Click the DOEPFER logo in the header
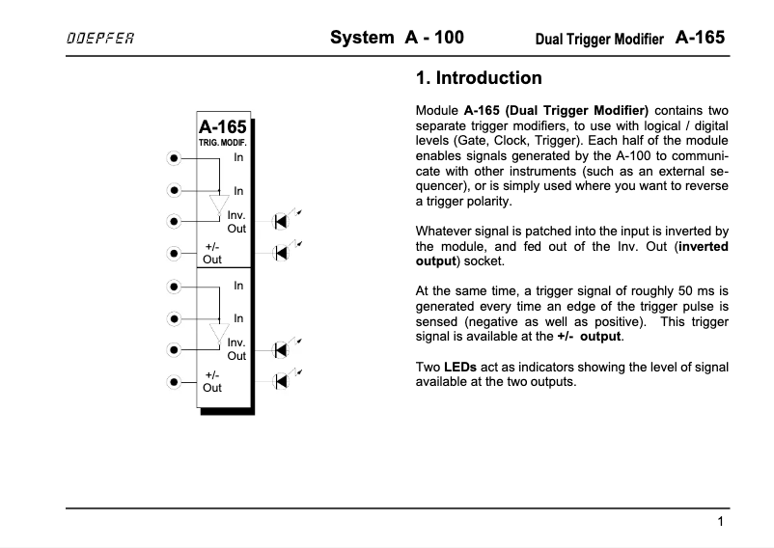[99, 39]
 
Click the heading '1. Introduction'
[478, 78]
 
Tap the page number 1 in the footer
[721, 522]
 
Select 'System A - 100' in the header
[397, 38]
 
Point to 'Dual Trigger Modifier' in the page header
[598, 40]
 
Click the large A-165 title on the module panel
[222, 127]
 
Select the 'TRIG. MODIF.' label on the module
[222, 143]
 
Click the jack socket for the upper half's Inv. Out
[174, 221]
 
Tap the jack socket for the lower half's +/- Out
[174, 381]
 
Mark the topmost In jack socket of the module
[174, 157]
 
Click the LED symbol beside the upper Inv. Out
[282, 221]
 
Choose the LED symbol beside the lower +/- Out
[282, 380]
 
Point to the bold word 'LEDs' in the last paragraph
[460, 368]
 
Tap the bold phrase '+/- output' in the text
[590, 337]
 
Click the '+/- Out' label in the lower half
[212, 381]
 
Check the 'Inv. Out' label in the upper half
[236, 222]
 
